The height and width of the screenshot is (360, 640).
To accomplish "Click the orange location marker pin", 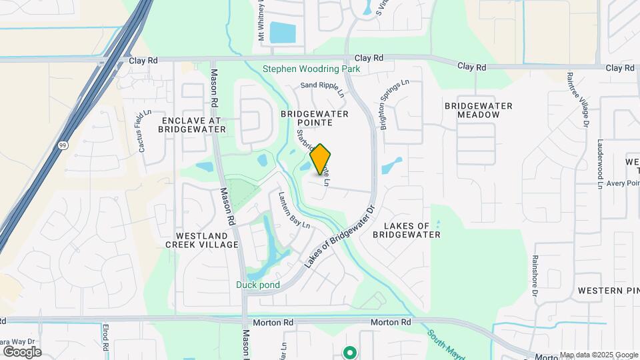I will [x=321, y=159].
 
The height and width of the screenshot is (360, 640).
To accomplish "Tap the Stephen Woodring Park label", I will [x=311, y=69].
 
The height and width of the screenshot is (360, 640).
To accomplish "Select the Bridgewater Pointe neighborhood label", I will [x=315, y=119].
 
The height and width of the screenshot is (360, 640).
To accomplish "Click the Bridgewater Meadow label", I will [x=478, y=111].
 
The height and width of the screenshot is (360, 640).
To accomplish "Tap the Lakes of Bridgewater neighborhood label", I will [x=407, y=231].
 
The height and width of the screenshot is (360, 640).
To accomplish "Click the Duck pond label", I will [x=257, y=285].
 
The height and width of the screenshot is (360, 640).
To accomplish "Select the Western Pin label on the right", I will [x=608, y=291].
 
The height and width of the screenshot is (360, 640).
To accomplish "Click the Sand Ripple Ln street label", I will [x=321, y=87].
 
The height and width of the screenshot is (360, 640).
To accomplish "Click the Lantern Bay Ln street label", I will [x=294, y=210].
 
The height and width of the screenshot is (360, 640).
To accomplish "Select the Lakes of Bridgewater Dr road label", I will [x=341, y=237].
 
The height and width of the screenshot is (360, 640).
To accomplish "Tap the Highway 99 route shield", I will [x=61, y=144].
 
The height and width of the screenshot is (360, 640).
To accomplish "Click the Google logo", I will [x=21, y=351].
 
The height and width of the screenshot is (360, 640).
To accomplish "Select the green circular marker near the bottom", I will [x=349, y=351].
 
